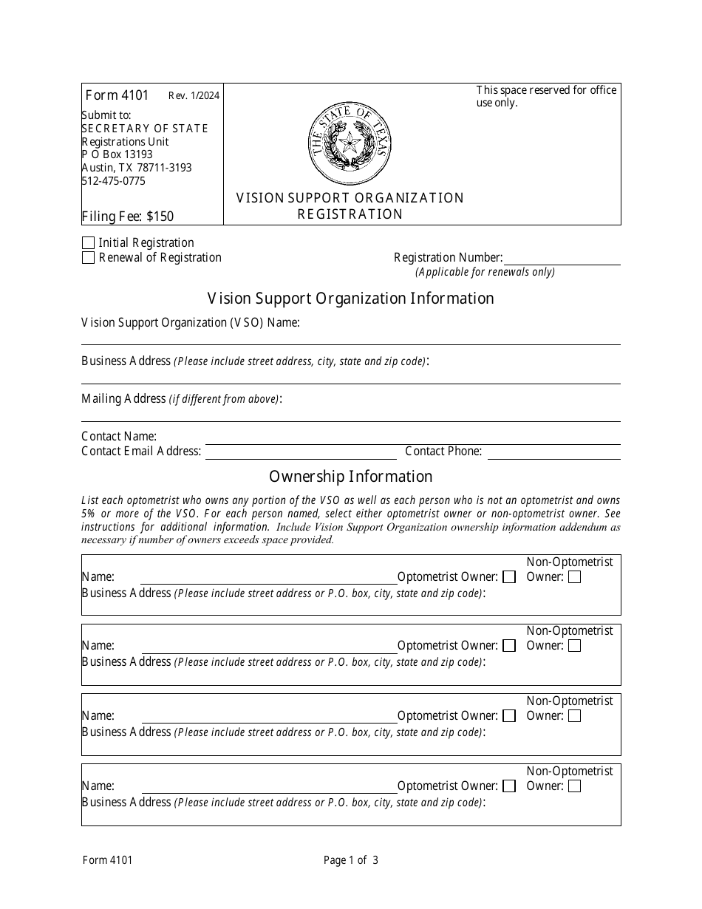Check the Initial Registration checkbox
point(89,243)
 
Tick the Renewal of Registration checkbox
point(89,258)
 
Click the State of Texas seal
point(350,144)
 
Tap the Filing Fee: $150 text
point(128,217)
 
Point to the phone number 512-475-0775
point(114,181)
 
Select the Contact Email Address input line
point(301,452)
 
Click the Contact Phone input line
point(553,452)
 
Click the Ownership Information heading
point(350,477)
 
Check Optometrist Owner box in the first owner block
point(509,577)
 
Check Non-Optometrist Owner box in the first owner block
point(574,577)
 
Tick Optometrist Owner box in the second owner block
point(509,646)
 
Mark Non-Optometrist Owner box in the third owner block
point(574,716)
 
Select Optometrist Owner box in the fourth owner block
point(509,786)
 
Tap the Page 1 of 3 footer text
point(351,859)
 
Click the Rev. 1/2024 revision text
point(194,95)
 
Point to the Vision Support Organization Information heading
point(350,299)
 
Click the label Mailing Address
point(123,399)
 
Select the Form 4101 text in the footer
point(107,859)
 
